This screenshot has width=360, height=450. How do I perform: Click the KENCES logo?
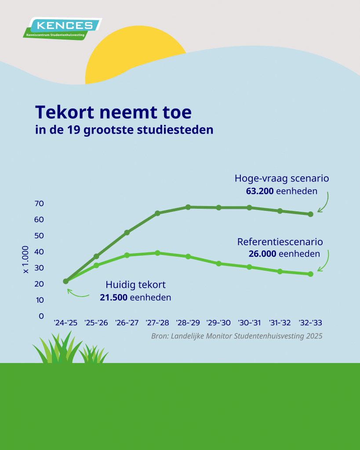tap(62, 29)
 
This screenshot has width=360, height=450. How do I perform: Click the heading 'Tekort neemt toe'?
tap(113, 112)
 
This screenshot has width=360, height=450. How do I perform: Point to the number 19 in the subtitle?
tap(74, 130)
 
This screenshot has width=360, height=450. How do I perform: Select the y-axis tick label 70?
tap(39, 203)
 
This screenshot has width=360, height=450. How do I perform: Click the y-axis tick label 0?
tap(41, 316)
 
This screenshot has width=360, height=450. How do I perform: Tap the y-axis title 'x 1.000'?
tap(25, 259)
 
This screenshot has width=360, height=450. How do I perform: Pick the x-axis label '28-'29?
tap(188, 323)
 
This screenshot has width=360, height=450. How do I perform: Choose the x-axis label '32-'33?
tap(310, 323)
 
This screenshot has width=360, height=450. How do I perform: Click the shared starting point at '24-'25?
tap(66, 281)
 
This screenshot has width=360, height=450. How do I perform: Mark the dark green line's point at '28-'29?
tap(188, 207)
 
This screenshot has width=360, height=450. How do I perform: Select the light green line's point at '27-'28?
tap(157, 253)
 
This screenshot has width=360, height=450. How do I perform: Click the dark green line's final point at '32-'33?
tap(310, 214)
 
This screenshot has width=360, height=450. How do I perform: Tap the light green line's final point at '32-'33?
tap(310, 274)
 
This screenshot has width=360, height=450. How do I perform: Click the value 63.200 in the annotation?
tap(260, 191)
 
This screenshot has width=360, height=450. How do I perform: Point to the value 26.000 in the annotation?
tap(262, 254)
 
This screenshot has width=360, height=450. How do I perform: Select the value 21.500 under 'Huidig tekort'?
tap(114, 298)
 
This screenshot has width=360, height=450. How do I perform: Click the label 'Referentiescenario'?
tap(280, 242)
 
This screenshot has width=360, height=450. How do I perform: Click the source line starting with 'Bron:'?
tap(237, 336)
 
